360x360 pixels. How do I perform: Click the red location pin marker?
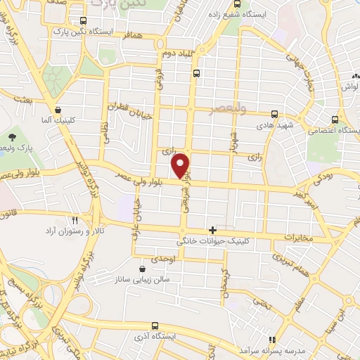tap(181, 165)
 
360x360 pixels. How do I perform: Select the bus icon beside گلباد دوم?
tap(197, 73)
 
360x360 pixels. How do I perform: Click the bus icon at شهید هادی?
tap(274, 113)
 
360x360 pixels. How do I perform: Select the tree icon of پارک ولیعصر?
tap(12, 136)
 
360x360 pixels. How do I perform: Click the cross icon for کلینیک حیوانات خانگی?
tap(212, 230)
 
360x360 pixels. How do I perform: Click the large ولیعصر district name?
tap(229, 109)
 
